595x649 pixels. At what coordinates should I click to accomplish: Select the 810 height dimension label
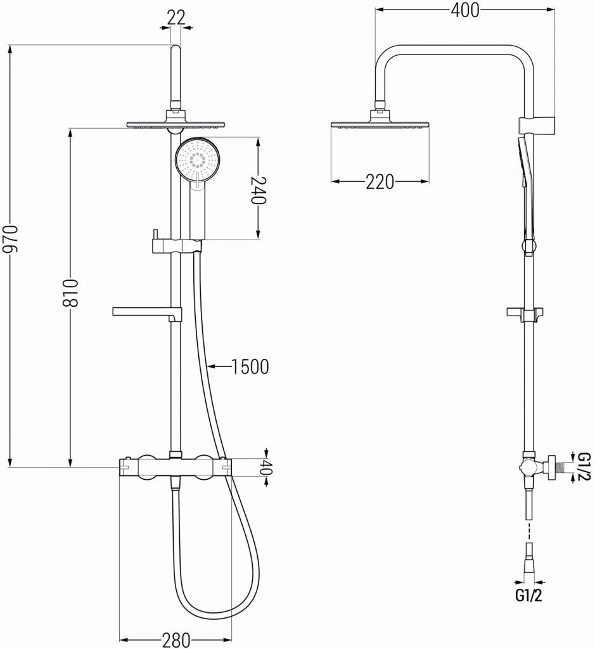coord(73,293)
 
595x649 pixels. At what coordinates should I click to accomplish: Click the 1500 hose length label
coord(250,366)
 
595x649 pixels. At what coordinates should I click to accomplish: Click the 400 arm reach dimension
coord(464,10)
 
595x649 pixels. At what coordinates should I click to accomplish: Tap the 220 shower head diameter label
coord(380,183)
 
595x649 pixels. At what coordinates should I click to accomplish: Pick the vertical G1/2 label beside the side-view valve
coord(584,466)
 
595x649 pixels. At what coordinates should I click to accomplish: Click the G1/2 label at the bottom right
coord(529,596)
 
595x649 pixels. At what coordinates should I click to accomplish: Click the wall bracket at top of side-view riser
coord(537,122)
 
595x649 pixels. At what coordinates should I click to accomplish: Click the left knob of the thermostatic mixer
coord(148,467)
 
